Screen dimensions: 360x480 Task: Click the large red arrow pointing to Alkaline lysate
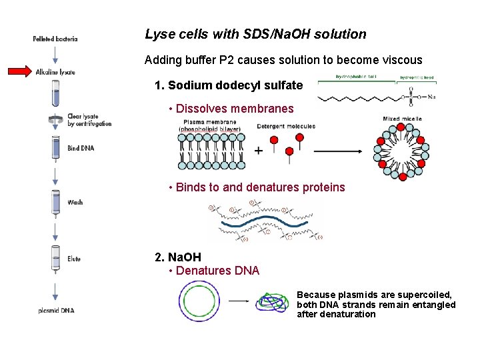click(19, 71)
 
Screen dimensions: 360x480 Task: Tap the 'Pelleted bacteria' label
click(55, 39)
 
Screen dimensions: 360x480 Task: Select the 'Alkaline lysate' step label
click(55, 71)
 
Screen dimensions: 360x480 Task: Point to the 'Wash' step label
click(75, 202)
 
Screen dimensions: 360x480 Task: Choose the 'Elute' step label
click(74, 259)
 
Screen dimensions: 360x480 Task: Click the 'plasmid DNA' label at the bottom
click(57, 311)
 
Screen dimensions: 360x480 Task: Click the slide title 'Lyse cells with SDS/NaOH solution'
click(255, 34)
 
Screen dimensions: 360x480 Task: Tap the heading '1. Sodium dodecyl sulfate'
click(228, 85)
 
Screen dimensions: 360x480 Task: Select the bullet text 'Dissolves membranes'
click(235, 109)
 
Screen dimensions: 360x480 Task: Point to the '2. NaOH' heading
click(177, 257)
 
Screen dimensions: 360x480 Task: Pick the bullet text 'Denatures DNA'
click(217, 271)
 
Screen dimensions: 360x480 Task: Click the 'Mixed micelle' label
click(402, 119)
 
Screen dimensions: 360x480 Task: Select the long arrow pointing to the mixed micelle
click(337, 151)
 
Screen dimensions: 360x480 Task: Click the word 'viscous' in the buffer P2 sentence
click(400, 60)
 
